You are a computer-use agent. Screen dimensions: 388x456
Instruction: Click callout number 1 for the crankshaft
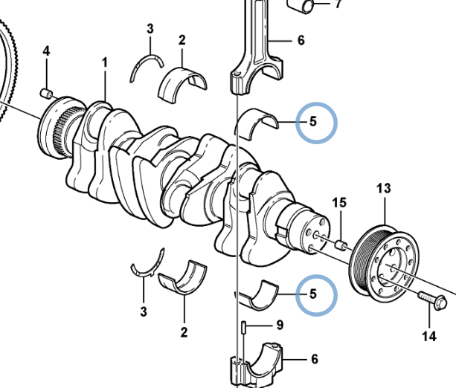(104, 63)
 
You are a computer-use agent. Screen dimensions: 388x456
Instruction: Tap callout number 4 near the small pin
(46, 51)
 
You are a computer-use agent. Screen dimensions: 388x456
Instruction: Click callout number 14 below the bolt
(429, 337)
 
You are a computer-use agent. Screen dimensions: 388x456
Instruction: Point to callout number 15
(339, 202)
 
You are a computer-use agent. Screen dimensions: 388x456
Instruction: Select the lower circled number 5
(314, 294)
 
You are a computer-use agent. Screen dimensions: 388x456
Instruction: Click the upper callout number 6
(301, 40)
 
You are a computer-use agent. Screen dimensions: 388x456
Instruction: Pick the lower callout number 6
(314, 360)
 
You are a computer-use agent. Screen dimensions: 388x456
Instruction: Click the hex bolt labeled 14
(432, 302)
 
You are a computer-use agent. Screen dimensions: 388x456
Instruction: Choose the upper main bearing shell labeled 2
(183, 83)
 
